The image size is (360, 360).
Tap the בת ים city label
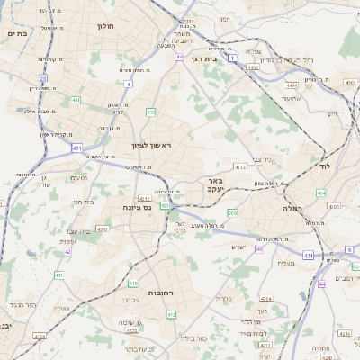pos(18,33)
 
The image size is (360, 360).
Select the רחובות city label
pos(166,292)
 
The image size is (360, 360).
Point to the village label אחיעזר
pos(296,98)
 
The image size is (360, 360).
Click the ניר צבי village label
pos(263,161)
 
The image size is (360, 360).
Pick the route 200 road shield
pos(232,212)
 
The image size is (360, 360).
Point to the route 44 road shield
pos(321,284)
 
